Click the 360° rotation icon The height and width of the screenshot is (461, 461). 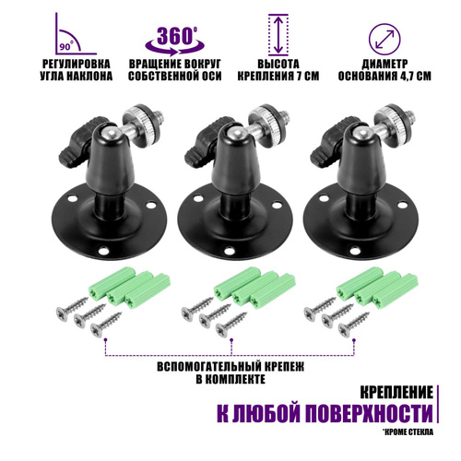pyautogui.click(x=174, y=41)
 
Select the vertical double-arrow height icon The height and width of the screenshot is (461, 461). pyautogui.click(x=278, y=35)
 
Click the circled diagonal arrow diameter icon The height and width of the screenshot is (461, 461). pyautogui.click(x=384, y=40)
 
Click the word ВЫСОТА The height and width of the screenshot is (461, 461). pyautogui.click(x=278, y=64)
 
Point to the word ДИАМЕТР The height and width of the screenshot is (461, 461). pyautogui.click(x=384, y=64)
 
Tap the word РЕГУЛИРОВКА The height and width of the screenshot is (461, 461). pyautogui.click(x=77, y=64)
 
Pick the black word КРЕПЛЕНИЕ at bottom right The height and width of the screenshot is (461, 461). pyautogui.click(x=396, y=393)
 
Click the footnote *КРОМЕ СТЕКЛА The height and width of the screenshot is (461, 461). pyautogui.click(x=408, y=431)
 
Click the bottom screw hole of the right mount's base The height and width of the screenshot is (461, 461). pyautogui.click(x=355, y=251)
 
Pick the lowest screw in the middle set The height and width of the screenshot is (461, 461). pyautogui.click(x=231, y=325)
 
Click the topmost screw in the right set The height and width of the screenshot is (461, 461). pyautogui.click(x=320, y=309)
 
